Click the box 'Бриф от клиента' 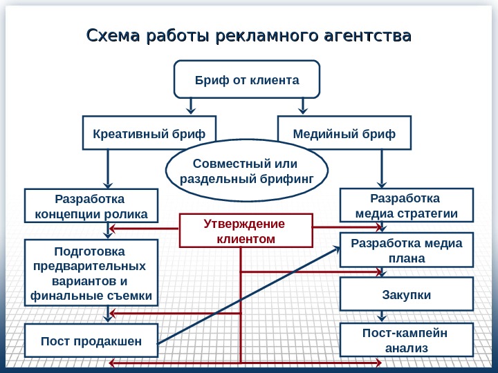247,79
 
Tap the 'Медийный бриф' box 344,133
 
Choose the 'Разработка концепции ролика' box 91,206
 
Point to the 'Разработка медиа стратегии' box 406,205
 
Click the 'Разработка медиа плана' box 407,251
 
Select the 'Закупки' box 407,295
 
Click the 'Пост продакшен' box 91,341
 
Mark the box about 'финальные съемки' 91,273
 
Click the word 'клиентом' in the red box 245,239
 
